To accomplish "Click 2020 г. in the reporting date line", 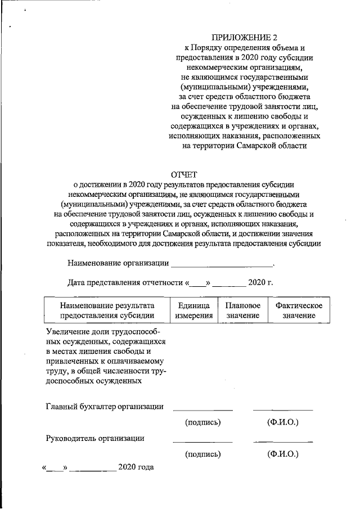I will tap(260, 282).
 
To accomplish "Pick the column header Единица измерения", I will tap(193, 310).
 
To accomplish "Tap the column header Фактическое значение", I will tap(298, 310).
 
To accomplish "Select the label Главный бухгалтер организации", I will tap(105, 407).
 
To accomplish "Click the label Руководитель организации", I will tap(95, 438).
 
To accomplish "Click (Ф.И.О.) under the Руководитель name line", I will tap(282, 453).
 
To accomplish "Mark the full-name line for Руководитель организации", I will tap(282, 442).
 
